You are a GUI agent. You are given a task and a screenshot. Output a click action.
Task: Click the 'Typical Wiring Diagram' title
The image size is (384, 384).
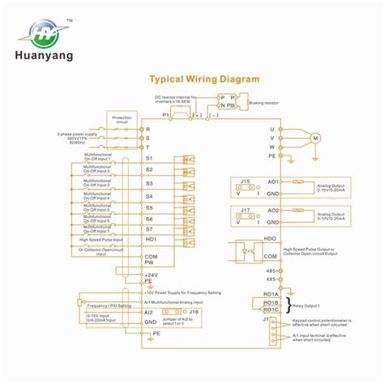pos(203,79)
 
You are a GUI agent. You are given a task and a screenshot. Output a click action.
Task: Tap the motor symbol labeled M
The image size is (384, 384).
pos(316,139)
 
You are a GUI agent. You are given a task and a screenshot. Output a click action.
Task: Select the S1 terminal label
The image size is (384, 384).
pos(148,159)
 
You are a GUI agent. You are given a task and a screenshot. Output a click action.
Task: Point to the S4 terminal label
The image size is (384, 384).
pos(148,196)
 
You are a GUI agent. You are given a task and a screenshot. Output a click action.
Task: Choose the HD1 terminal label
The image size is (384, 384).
pos(150,241)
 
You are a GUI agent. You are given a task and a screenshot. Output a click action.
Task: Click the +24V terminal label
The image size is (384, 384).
pos(151,276)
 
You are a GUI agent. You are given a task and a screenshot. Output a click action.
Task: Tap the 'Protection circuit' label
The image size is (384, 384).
pos(121,119)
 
